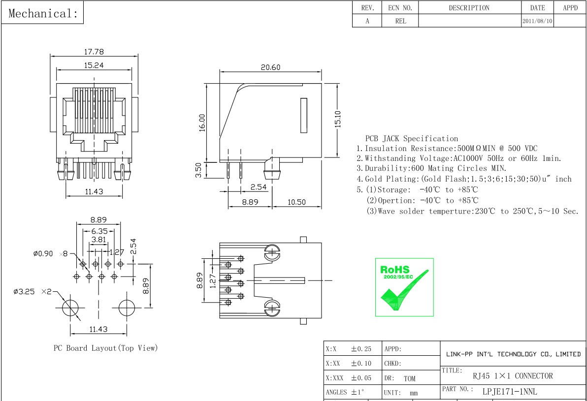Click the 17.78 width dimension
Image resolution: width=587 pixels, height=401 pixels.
[94, 52]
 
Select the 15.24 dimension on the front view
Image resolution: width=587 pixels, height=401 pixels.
[94, 65]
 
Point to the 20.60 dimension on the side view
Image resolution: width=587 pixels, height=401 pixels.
[270, 67]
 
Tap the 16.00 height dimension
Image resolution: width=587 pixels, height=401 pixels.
[202, 123]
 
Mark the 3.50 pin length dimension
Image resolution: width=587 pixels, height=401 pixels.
[198, 170]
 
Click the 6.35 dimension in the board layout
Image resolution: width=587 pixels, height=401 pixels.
[99, 231]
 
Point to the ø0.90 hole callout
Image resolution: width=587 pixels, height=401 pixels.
[43, 254]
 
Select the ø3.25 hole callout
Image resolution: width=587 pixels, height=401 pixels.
[24, 292]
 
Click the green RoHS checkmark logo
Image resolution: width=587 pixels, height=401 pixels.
[404, 287]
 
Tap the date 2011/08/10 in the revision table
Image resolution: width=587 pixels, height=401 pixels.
[537, 21]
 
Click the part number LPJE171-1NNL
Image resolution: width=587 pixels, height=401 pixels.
[510, 392]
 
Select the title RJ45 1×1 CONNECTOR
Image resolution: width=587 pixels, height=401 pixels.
[513, 376]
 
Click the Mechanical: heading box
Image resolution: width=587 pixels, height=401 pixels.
[43, 13]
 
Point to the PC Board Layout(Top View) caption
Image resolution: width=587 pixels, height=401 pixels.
[105, 348]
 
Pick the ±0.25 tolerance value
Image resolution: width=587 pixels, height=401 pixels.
[361, 349]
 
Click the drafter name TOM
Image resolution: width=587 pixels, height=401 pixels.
[409, 378]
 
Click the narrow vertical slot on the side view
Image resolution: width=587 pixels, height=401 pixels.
[304, 116]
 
